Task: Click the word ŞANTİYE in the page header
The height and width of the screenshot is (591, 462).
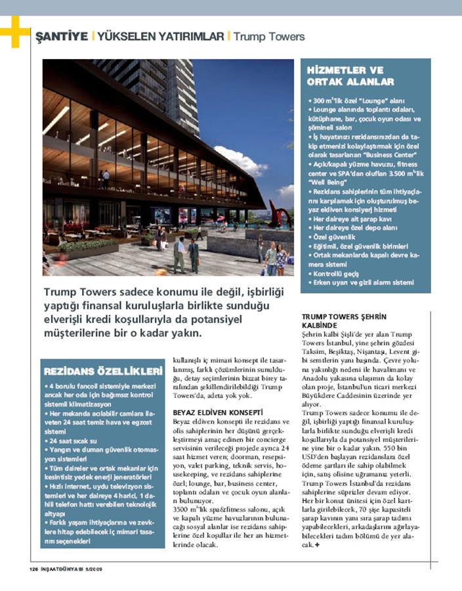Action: [60, 36]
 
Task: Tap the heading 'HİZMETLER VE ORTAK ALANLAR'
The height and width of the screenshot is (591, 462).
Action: [350, 76]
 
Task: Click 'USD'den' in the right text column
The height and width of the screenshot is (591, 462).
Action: [316, 460]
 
